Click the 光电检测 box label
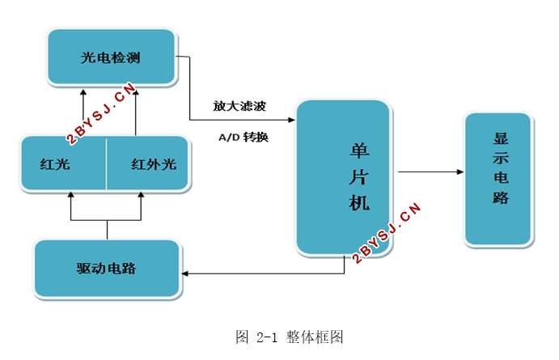tap(111, 57)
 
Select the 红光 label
tap(55, 164)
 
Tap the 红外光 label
tap(154, 164)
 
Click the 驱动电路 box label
tap(106, 268)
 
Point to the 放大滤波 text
tap(239, 106)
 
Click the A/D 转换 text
tap(244, 137)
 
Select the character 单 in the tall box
tap(359, 150)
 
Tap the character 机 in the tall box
tap(359, 203)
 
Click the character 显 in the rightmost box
tap(501, 138)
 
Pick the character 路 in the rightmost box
tap(501, 197)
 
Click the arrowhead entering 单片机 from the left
tap(291, 120)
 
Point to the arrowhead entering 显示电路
tap(459, 172)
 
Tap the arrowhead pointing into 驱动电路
tap(185, 273)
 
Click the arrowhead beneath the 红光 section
tap(70, 195)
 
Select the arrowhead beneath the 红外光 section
tap(141, 195)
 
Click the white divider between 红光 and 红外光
tap(106, 164)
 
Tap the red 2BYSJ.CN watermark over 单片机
tap(386, 233)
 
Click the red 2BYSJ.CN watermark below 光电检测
tap(101, 113)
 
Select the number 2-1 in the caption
tap(267, 337)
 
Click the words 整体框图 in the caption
tap(315, 337)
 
